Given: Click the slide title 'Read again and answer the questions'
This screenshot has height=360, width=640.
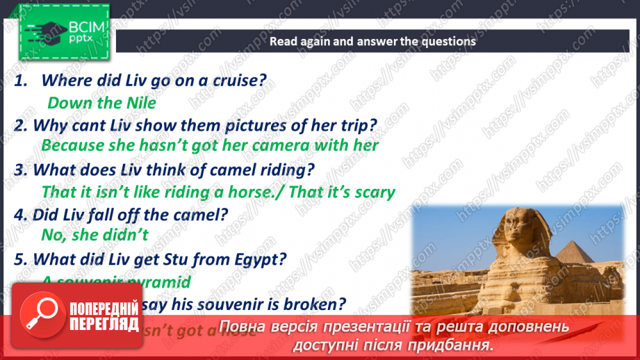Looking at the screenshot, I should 372,41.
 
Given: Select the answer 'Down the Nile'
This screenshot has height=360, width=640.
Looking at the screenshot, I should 101,104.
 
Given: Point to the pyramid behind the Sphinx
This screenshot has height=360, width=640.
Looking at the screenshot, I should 573,257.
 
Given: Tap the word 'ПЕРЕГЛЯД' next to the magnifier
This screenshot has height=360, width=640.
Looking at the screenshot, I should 104,323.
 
